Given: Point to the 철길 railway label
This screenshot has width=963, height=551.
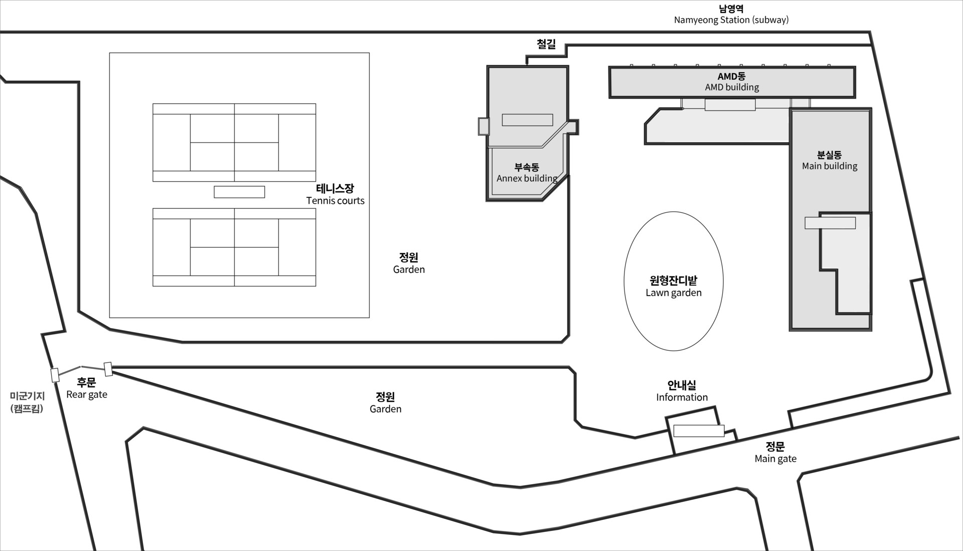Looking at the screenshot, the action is tap(546, 44).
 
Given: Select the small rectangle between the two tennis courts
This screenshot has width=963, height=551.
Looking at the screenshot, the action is tap(239, 192).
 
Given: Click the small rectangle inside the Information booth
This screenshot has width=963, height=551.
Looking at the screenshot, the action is tap(699, 431).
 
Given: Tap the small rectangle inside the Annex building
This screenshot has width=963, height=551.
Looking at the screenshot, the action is tap(528, 120).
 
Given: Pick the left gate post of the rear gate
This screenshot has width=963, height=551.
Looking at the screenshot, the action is tap(55, 375).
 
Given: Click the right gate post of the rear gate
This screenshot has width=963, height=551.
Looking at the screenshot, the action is tap(108, 369).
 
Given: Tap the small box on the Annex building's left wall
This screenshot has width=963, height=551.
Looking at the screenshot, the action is tap(484, 126).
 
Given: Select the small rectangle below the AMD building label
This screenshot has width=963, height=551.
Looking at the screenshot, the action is tap(730, 105).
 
